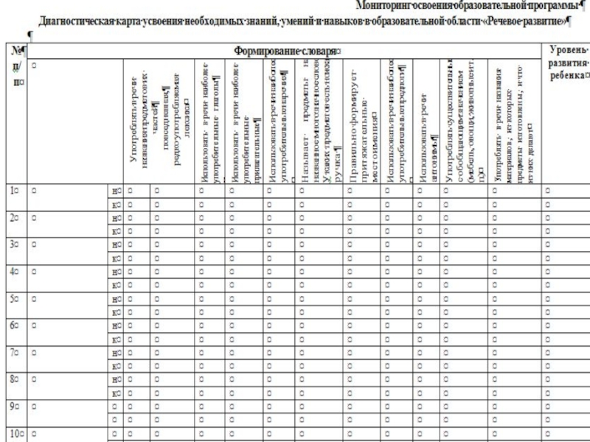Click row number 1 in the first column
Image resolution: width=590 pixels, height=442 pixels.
(x=13, y=190)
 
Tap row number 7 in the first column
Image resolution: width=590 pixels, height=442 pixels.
(x=13, y=351)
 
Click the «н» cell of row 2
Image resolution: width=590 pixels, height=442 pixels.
(x=115, y=218)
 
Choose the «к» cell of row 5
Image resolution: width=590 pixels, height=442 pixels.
(x=115, y=312)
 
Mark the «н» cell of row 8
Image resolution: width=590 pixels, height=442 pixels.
(x=115, y=379)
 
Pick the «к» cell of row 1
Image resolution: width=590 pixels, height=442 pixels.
(x=115, y=204)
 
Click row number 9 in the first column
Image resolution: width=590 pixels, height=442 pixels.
(x=13, y=405)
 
